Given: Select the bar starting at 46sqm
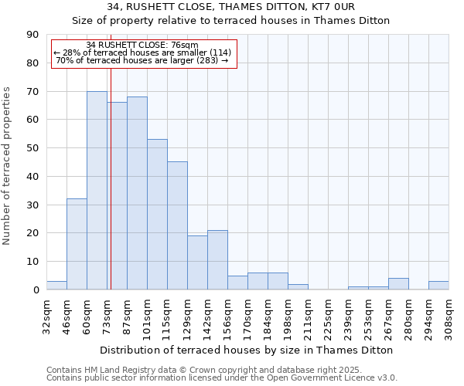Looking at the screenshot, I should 77,244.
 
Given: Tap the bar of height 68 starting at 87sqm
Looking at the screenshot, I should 137,193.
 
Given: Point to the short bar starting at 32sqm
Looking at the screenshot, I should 56,286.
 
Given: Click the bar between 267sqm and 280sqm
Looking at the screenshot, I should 398,284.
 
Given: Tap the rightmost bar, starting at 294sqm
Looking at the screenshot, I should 438,286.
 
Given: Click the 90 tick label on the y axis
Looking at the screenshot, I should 32,35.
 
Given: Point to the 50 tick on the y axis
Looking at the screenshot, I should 32,148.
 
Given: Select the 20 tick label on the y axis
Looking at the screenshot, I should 32,233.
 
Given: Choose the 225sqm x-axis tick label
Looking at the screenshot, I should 329,317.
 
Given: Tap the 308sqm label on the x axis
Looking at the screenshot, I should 449,317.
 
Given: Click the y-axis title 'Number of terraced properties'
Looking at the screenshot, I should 8,166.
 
